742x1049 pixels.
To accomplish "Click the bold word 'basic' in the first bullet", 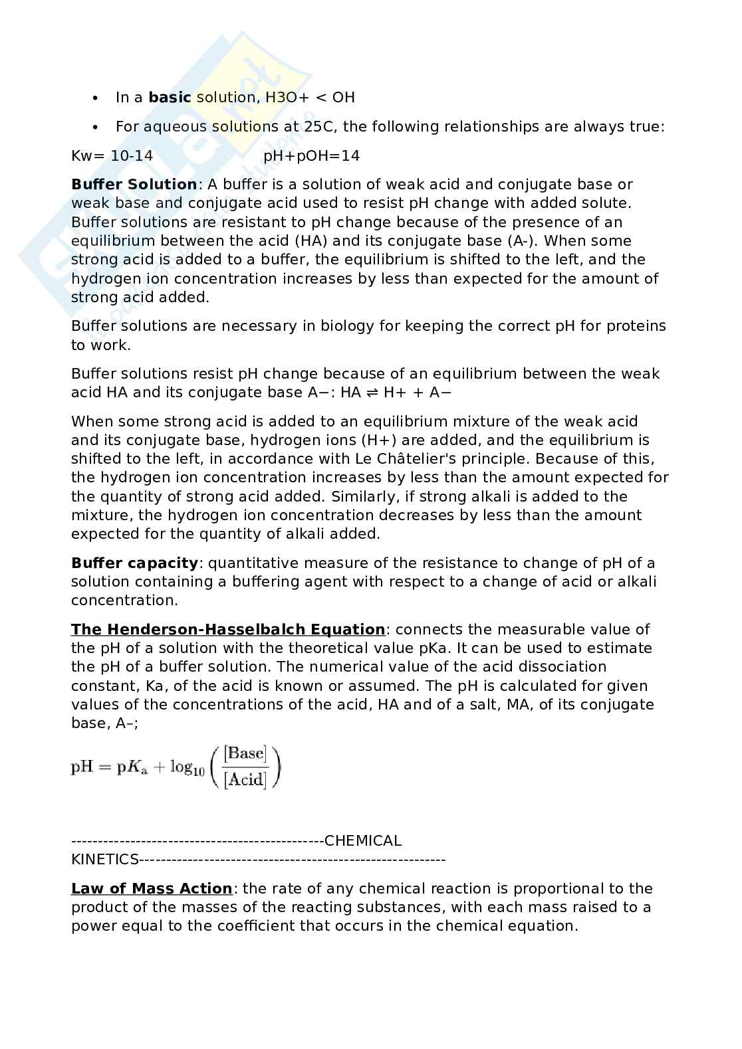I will point(170,98).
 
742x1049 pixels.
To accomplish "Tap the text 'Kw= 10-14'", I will point(112,155).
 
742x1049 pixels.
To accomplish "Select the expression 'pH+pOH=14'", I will point(311,155).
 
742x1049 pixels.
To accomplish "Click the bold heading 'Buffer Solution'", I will point(134,185).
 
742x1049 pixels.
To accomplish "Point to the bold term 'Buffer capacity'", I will point(134,563).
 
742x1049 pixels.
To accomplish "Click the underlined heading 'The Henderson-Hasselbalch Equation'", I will point(227,629).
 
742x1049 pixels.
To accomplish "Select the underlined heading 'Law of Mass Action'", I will point(152,888).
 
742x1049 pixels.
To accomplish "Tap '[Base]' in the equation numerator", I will point(245,753).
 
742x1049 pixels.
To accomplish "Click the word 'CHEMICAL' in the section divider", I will point(363,841).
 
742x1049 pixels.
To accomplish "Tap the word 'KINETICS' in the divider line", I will point(104,860).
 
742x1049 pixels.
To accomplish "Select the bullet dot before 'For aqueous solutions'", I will point(96,127).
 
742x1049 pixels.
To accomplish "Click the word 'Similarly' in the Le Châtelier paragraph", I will point(362,496).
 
